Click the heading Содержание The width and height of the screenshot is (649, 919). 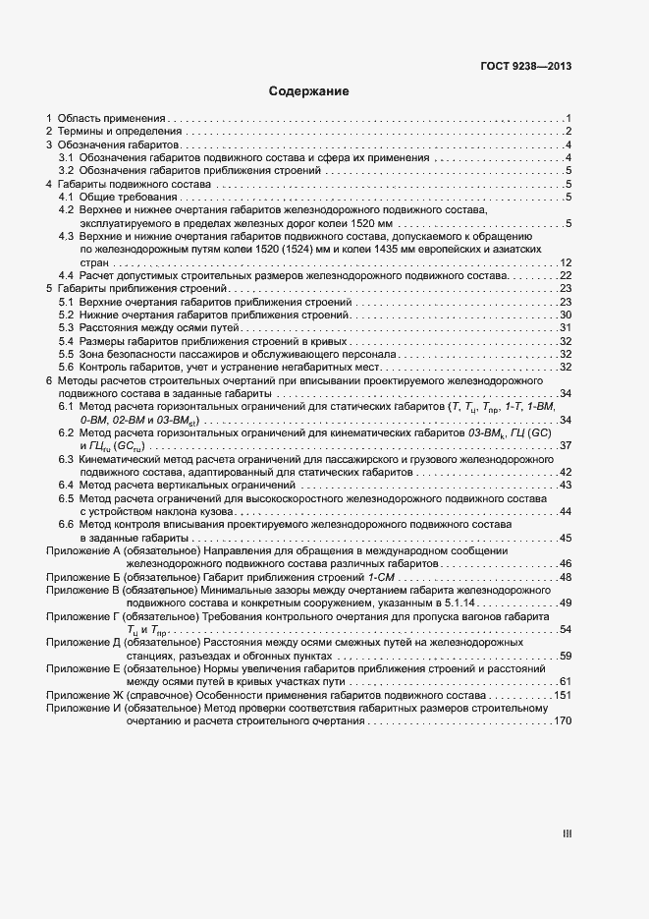(309, 91)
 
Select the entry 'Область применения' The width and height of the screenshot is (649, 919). (110, 118)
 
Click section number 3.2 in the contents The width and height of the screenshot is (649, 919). (66, 170)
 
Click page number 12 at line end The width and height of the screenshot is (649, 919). (566, 262)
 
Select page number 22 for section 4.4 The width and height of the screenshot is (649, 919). (566, 275)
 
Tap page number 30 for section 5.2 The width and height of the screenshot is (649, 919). (566, 315)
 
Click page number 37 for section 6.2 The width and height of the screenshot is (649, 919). (566, 445)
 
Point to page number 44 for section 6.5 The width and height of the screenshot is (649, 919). (566, 511)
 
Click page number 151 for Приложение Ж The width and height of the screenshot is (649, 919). (563, 695)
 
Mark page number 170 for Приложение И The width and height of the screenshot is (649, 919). (563, 721)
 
